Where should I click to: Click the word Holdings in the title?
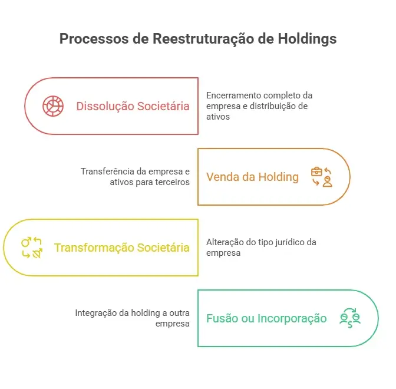point(307,39)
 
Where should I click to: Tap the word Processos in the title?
point(94,39)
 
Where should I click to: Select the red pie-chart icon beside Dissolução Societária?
point(53,106)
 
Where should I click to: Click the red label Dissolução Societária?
point(133,106)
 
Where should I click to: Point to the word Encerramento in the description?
point(234,95)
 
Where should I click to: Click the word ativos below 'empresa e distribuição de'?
point(218,117)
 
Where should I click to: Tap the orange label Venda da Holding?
point(252,177)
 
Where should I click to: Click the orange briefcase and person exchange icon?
point(322,177)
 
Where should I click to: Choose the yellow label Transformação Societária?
point(122,248)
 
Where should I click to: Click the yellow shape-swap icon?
point(32,248)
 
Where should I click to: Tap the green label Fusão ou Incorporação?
point(266,318)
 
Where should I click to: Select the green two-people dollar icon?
point(350,318)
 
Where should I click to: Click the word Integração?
point(96,313)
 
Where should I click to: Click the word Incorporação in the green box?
point(292,319)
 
